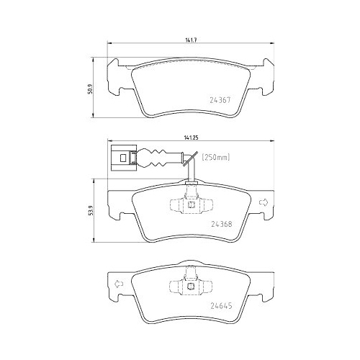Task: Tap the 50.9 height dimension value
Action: pos(91,89)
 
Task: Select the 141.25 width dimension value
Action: pos(191,138)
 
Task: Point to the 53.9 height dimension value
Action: pos(91,211)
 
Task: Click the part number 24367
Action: pos(220,100)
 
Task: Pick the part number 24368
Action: pos(222,224)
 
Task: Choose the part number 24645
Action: pos(221,306)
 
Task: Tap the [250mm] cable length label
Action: pos(216,158)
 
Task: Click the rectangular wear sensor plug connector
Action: pos(124,158)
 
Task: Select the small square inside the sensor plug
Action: pos(123,158)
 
